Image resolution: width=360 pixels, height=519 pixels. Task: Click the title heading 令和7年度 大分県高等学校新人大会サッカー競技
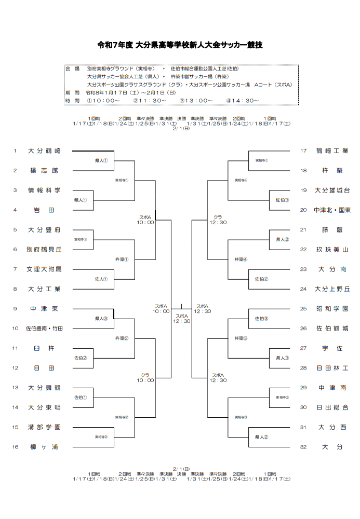click(180, 45)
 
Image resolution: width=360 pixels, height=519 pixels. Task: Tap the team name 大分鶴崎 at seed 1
click(44, 151)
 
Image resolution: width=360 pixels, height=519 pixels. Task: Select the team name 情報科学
click(44, 190)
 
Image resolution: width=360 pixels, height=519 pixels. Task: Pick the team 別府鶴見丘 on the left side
click(44, 249)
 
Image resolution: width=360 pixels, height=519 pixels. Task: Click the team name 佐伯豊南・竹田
click(44, 328)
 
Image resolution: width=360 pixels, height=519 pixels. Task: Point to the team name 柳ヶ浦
click(44, 446)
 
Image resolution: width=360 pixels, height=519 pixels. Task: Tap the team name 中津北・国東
click(332, 210)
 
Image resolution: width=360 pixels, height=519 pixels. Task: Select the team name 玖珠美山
click(332, 249)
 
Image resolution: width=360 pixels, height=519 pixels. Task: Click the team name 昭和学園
click(332, 308)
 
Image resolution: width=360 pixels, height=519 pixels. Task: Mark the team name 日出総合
click(332, 407)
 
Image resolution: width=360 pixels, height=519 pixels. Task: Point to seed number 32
click(304, 446)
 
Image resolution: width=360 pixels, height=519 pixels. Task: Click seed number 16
click(16, 446)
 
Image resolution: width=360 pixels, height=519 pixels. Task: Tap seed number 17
click(304, 151)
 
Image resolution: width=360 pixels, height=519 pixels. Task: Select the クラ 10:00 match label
click(145, 377)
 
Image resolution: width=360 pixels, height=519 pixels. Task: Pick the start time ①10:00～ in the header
click(103, 101)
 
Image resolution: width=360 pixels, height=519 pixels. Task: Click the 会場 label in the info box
click(72, 69)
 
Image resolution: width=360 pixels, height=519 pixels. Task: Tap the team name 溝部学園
click(44, 427)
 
